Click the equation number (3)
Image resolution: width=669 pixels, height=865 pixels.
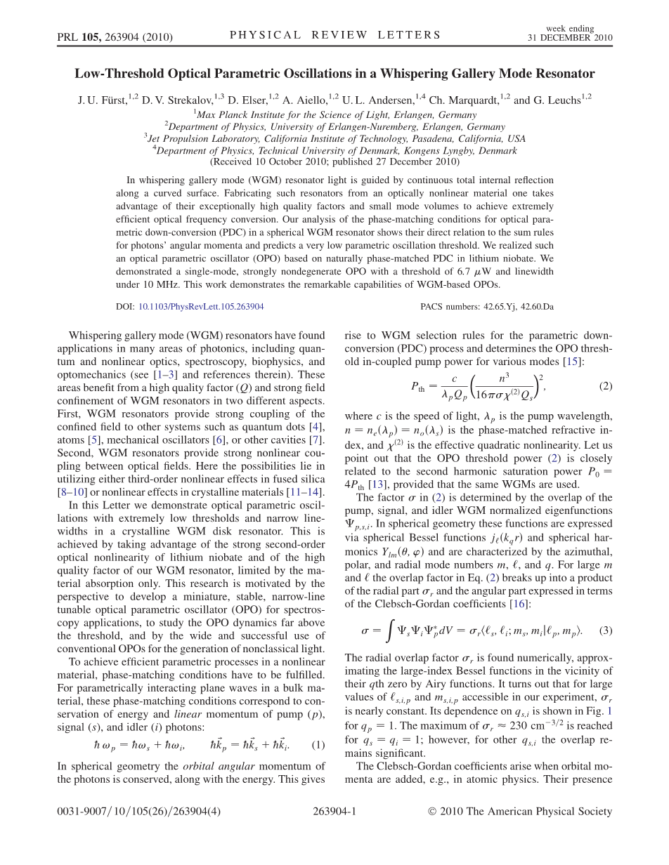(x=605, y=630)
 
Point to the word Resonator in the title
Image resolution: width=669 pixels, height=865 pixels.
(x=565, y=74)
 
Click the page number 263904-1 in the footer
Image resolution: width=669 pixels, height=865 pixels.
(x=334, y=812)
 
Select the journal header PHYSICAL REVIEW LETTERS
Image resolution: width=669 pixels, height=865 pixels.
(x=335, y=35)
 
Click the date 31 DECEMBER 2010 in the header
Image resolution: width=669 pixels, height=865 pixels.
(x=570, y=38)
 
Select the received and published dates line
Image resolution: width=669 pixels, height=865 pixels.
(x=334, y=161)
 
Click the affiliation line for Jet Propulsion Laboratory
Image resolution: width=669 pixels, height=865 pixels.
(x=334, y=139)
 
